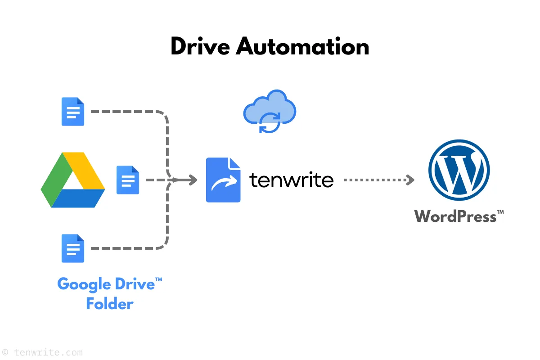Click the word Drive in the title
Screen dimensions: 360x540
coord(200,46)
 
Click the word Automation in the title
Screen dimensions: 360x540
coord(302,46)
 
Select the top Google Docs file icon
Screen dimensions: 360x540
coord(73,112)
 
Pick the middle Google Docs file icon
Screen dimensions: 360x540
coord(128,180)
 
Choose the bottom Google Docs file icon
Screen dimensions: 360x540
coord(73,248)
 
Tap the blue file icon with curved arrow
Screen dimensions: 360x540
coord(223,180)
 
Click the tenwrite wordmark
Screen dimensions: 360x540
coord(292,180)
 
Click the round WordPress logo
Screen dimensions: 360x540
coord(459,171)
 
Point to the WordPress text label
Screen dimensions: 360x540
coord(455,216)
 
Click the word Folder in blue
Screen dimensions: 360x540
coord(110,304)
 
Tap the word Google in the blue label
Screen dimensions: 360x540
coord(84,284)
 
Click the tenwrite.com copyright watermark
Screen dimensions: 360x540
coord(42,352)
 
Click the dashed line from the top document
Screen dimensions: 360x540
coord(126,111)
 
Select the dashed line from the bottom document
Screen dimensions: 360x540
coord(126,248)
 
